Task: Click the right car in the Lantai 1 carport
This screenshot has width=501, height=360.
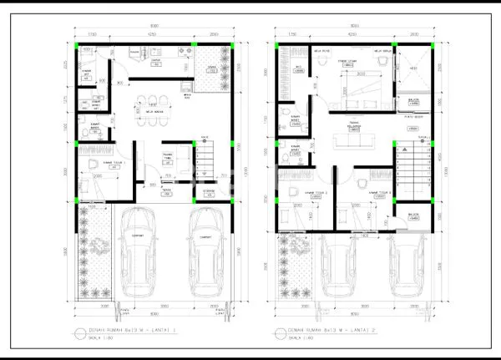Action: point(204,251)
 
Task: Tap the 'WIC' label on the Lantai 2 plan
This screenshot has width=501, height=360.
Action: point(299,68)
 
